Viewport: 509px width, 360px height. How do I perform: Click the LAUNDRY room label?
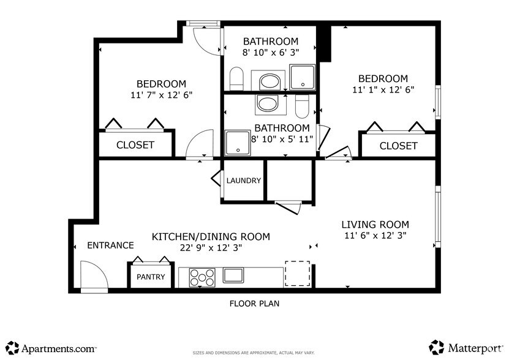244,181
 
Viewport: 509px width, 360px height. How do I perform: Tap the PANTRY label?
151,277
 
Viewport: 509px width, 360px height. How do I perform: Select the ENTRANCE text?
110,246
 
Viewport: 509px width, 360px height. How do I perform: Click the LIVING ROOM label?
375,225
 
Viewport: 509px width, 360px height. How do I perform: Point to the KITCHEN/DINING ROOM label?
211,237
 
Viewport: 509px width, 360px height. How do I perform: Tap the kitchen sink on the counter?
234,275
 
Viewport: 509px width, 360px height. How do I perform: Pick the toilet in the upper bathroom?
237,78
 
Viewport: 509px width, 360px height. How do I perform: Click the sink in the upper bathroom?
270,81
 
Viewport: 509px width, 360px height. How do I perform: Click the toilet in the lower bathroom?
302,107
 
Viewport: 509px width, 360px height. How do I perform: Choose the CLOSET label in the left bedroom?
135,146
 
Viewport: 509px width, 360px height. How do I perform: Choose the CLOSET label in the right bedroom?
398,146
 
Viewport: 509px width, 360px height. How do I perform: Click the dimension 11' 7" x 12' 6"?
161,95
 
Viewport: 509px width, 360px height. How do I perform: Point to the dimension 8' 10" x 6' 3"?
270,53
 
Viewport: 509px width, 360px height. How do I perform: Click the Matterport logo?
467,348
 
